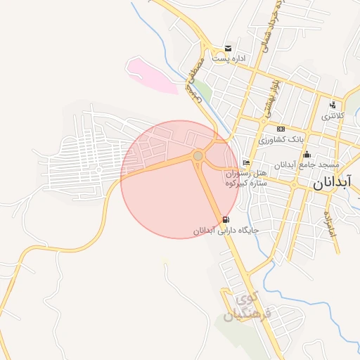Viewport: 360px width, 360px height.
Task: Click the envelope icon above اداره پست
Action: pos(228,48)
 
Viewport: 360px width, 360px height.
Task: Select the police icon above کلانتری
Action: pos(332,105)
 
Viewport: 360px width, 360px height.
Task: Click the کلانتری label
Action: pos(334,116)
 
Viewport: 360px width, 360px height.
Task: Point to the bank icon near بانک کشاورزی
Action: pos(281,129)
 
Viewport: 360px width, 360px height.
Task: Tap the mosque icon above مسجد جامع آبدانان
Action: pos(307,155)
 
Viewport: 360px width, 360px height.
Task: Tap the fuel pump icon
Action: pos(224,219)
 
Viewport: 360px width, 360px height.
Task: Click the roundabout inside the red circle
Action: pos(198,155)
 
